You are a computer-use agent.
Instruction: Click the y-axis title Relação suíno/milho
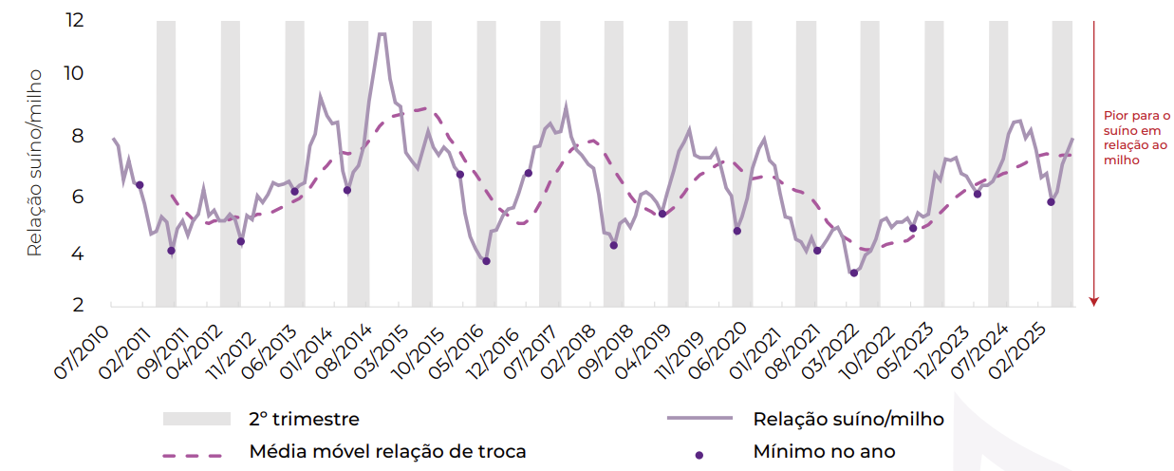pyautogui.click(x=35, y=161)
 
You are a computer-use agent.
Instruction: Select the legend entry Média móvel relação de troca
pyautogui.click(x=387, y=451)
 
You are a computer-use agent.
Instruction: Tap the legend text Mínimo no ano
pyautogui.click(x=824, y=451)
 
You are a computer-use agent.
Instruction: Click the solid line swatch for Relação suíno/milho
pyautogui.click(x=699, y=419)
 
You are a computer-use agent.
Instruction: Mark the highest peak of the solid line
pyautogui.click(x=381, y=34)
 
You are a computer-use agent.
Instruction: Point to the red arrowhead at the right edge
pyautogui.click(x=1093, y=301)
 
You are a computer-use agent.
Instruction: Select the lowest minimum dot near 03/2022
pyautogui.click(x=854, y=273)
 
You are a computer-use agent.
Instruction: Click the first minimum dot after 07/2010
pyautogui.click(x=140, y=184)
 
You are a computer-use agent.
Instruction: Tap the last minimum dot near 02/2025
pyautogui.click(x=1051, y=201)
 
